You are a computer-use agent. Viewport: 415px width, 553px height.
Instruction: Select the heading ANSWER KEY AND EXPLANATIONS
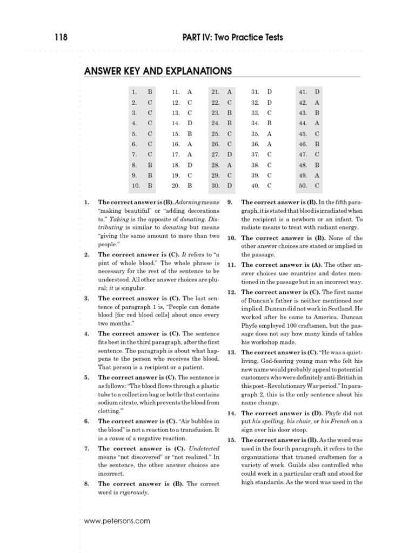point(158,71)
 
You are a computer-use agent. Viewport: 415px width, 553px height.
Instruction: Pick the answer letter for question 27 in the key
point(230,154)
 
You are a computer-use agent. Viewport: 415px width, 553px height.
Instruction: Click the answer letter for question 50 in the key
point(317,185)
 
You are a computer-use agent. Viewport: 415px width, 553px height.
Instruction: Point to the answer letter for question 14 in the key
point(190,123)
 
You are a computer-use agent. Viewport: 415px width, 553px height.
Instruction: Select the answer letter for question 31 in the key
point(270,92)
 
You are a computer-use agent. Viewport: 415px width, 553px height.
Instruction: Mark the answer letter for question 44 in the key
point(317,123)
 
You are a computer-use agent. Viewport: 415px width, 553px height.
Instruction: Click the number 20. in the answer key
point(176,185)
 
